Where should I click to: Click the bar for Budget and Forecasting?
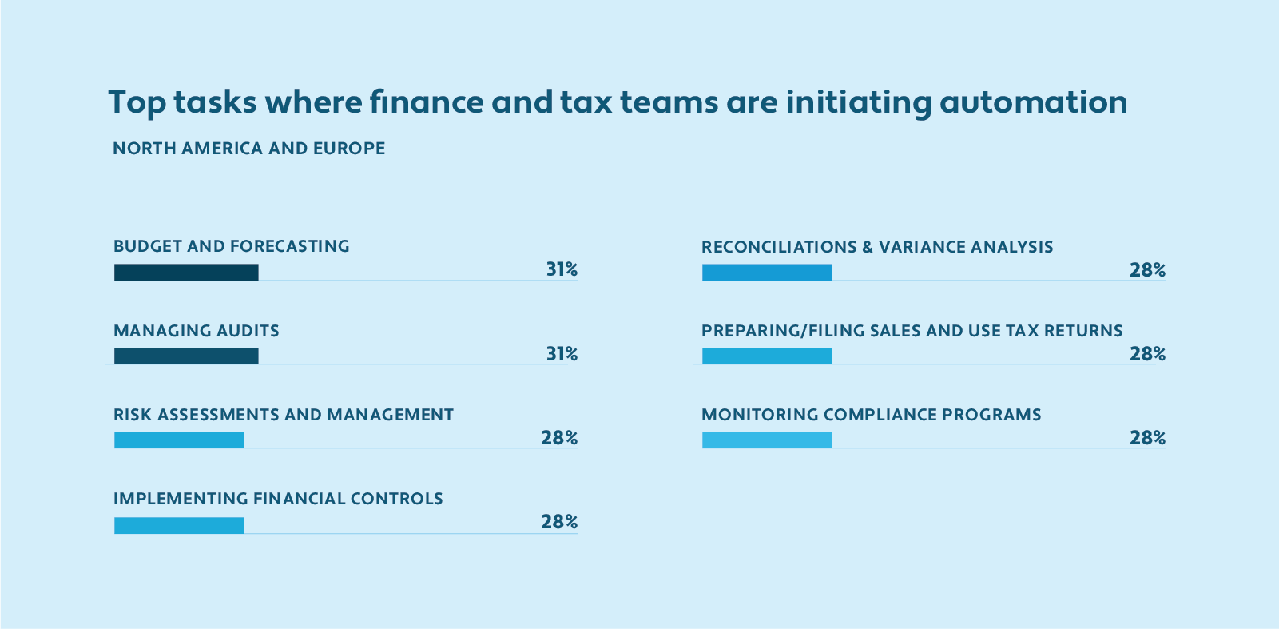click(x=186, y=272)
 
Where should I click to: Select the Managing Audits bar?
click(x=186, y=356)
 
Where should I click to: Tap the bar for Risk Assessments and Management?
click(x=179, y=440)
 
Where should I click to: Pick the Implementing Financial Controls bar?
click(x=179, y=525)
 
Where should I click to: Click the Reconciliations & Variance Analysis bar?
click(x=767, y=272)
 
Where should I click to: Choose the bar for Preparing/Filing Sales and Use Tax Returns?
click(x=767, y=356)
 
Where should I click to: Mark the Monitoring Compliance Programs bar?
click(x=767, y=440)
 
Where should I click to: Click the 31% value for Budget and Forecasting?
click(x=562, y=270)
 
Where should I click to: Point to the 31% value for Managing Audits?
click(x=562, y=354)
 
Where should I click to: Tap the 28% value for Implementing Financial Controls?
click(x=559, y=522)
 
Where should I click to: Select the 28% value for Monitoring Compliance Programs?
click(x=1147, y=438)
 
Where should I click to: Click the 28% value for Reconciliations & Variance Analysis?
click(x=1147, y=270)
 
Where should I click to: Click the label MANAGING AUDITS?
click(x=197, y=331)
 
